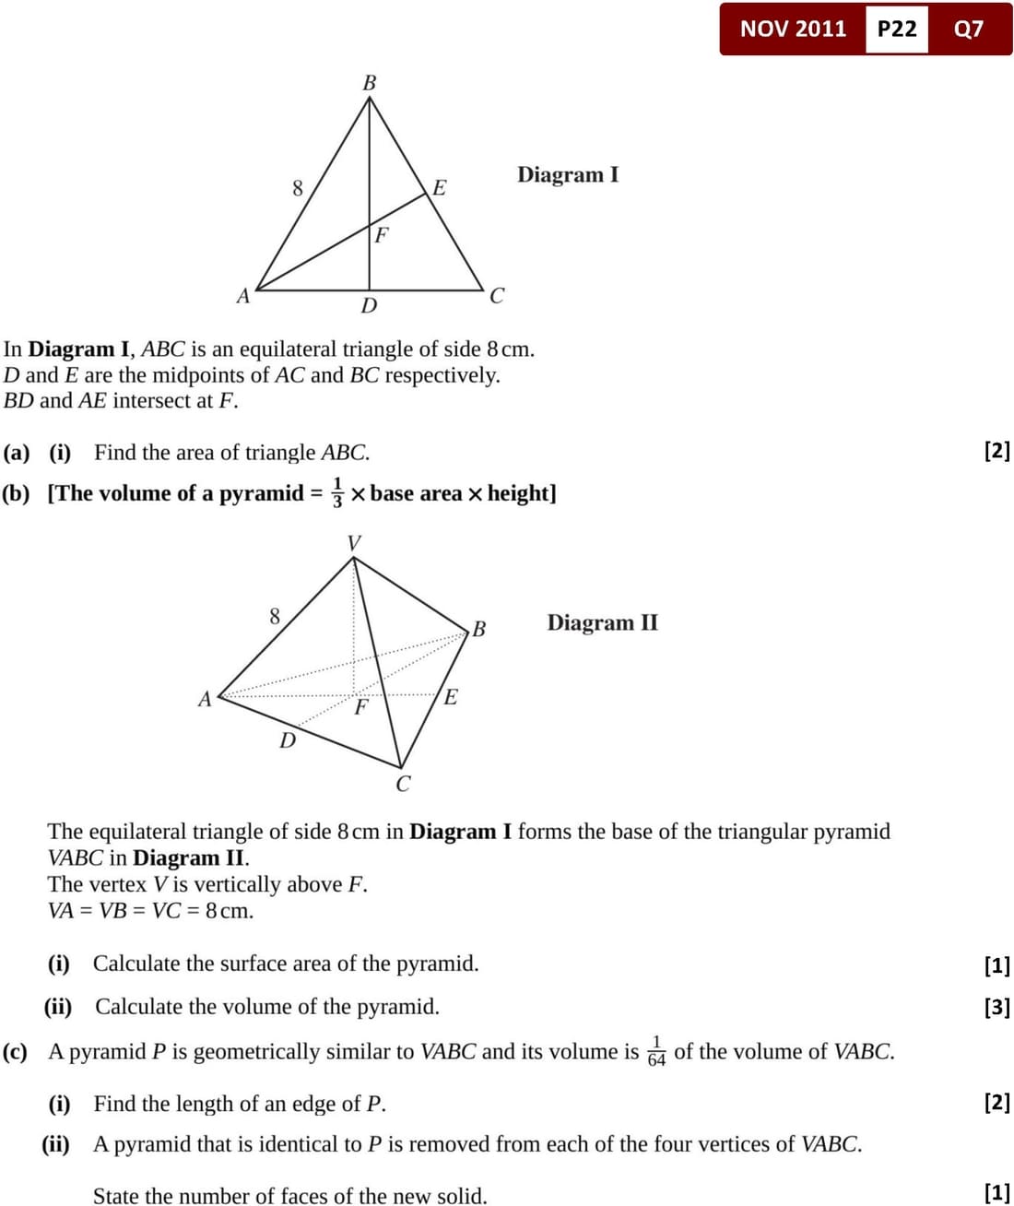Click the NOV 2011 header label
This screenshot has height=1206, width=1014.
[793, 29]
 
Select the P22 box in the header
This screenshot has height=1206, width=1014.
[897, 29]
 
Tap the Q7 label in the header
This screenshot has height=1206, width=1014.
[969, 29]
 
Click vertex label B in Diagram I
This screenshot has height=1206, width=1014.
[370, 83]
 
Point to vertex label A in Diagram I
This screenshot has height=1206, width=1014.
[243, 296]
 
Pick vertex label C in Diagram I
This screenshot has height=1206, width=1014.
[497, 296]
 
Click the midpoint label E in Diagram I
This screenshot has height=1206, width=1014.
[440, 188]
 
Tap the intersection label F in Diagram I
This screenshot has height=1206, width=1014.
[381, 235]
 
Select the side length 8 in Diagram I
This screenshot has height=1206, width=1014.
[298, 188]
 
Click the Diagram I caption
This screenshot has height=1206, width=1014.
[568, 174]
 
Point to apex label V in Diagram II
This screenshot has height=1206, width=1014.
[354, 543]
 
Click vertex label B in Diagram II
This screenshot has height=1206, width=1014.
[478, 630]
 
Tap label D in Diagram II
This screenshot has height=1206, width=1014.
[288, 740]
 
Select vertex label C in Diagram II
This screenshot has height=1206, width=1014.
[403, 785]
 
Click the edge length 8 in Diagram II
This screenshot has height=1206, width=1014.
[275, 616]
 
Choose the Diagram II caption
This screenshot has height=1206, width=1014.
[603, 622]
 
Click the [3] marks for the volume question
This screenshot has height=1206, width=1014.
[997, 1007]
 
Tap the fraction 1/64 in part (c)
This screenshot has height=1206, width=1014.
[656, 1051]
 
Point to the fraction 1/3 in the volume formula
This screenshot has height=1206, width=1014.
[337, 493]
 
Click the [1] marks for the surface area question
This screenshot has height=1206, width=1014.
[997, 965]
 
